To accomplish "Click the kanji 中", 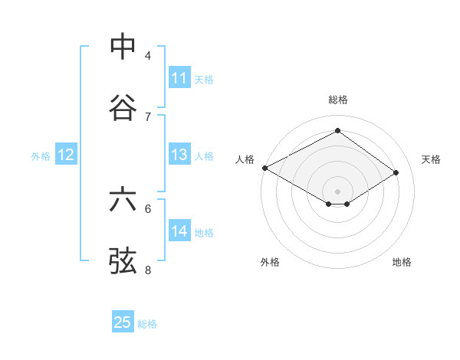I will pos(123,47).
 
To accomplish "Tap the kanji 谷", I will pos(123,108).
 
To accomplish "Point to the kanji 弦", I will pos(123,260).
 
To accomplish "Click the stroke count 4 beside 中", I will pos(148,56).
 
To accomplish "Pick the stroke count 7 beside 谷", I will pos(148,116).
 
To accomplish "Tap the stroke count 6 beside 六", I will pos(148,208).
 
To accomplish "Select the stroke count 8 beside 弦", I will pos(148,270).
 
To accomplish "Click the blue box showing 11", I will pos(179,78).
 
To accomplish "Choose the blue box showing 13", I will pos(179,155).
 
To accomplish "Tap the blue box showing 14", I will pos(179,231).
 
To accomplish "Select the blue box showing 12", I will pos(66,155).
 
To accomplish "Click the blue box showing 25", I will pos(123,322).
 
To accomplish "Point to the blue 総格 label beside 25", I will pos(147,324).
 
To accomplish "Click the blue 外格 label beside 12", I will pos(41,156).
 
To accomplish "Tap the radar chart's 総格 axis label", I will pos(337,100).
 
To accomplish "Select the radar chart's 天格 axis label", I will pos(431,159).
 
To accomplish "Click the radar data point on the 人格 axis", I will pos(264,168).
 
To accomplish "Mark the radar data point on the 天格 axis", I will pos(396,173).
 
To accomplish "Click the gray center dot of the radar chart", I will pos(337,190).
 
